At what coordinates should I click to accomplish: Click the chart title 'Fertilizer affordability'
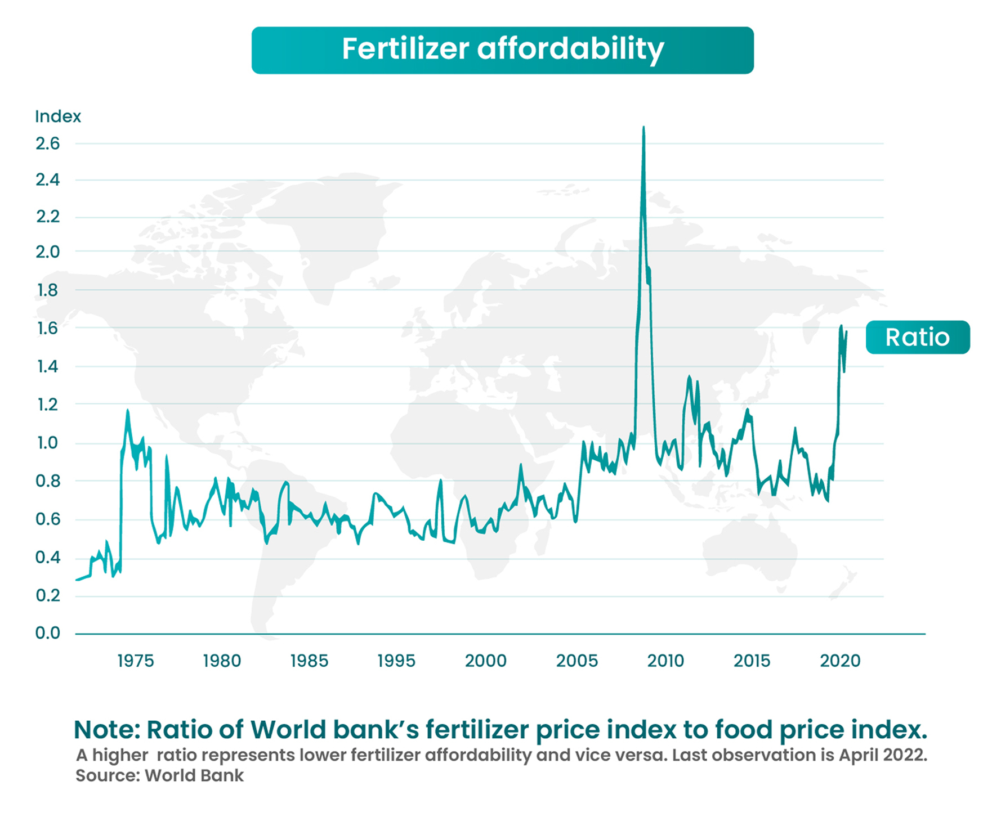pyautogui.click(x=502, y=50)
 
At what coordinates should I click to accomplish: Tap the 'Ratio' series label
pyautogui.click(x=917, y=338)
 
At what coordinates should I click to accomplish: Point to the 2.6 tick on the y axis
pyautogui.click(x=48, y=144)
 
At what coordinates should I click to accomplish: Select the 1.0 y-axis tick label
pyautogui.click(x=48, y=443)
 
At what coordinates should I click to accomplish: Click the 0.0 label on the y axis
pyautogui.click(x=48, y=634)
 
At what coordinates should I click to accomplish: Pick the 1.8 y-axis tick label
pyautogui.click(x=48, y=290)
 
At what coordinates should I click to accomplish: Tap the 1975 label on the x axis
pyautogui.click(x=135, y=661)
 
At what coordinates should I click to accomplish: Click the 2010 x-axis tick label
pyautogui.click(x=665, y=661)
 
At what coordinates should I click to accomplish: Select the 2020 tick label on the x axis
pyautogui.click(x=840, y=661)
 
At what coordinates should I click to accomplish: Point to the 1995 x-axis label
pyautogui.click(x=396, y=661)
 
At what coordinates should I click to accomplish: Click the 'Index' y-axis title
pyautogui.click(x=58, y=116)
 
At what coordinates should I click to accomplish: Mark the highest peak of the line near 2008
pyautogui.click(x=643, y=128)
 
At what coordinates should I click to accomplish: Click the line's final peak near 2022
pyautogui.click(x=841, y=326)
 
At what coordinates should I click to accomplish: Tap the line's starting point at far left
pyautogui.click(x=77, y=580)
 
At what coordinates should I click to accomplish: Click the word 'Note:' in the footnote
pyautogui.click(x=107, y=730)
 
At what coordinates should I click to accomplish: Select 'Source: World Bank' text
pyautogui.click(x=160, y=775)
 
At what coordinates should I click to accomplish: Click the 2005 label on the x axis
pyautogui.click(x=577, y=661)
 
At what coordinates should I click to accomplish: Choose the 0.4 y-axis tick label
pyautogui.click(x=48, y=558)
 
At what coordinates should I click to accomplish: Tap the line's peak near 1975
pyautogui.click(x=128, y=411)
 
